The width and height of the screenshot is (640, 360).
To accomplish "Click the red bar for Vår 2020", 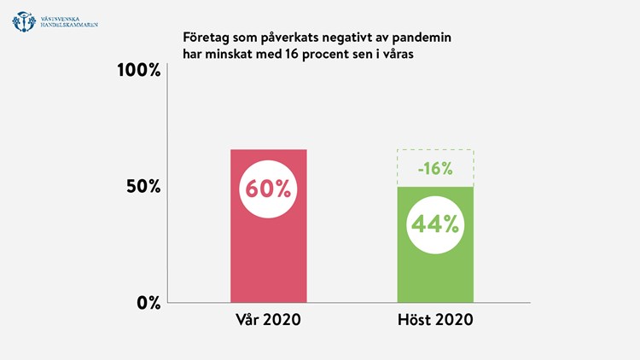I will point(269,256).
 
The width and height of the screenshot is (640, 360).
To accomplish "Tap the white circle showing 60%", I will point(269,189).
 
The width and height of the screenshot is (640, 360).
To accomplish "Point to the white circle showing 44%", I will point(435,224).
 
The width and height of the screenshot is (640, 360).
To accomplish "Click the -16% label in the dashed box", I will point(435,168).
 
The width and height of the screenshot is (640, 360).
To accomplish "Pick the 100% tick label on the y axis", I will point(139,70).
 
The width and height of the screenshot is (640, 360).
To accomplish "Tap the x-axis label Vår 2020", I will point(269,322).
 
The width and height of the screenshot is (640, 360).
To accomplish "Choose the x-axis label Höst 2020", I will point(435,322).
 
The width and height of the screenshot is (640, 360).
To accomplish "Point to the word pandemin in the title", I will point(422,38).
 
